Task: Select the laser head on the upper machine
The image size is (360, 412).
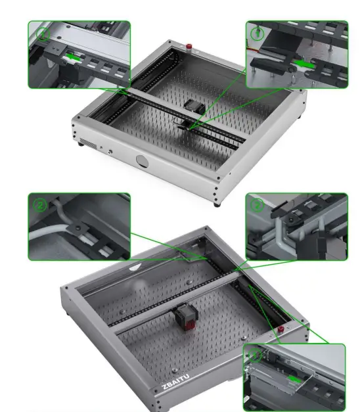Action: click(x=192, y=106)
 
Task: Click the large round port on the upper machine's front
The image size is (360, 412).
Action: click(x=143, y=160)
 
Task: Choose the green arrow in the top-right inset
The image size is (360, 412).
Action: click(x=302, y=64)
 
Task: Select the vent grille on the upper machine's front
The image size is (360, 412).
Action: click(x=86, y=144)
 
